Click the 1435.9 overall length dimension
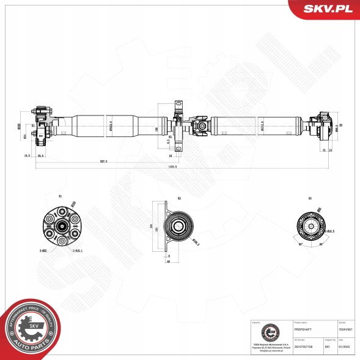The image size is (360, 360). (181, 167)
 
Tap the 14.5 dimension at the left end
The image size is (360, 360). (27, 156)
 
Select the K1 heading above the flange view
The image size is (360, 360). (59, 197)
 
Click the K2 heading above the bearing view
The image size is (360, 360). (179, 198)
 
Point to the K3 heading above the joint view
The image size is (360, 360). (310, 198)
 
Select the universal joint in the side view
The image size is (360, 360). (200, 127)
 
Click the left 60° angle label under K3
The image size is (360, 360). (301, 244)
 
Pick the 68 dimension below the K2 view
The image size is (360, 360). (167, 262)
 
